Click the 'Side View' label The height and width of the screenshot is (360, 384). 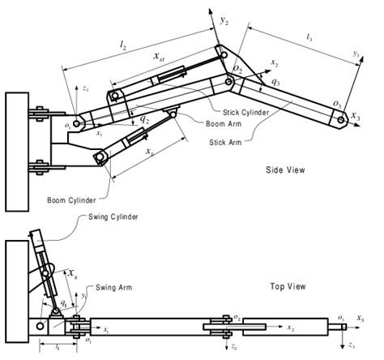(286, 170)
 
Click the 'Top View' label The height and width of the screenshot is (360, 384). (288, 286)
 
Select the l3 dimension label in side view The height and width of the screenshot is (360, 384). (312, 37)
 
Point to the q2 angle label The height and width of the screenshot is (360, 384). (144, 119)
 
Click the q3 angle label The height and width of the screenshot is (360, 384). (277, 82)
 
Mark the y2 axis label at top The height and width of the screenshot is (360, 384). (224, 17)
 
